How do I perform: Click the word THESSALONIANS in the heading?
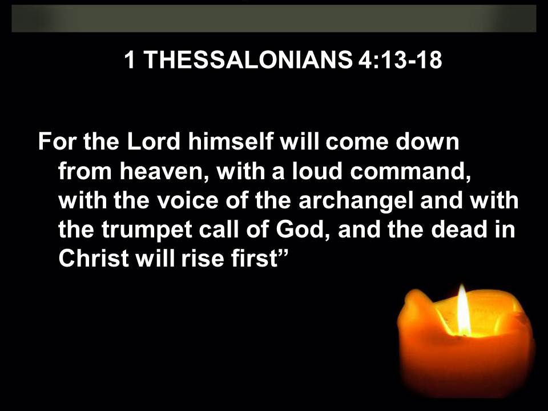coord(248,59)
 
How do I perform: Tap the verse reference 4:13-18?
coord(400,59)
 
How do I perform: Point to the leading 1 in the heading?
coord(130,59)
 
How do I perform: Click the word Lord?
coord(154,142)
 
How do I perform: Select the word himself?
coord(231,142)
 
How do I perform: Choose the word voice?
coord(187,200)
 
